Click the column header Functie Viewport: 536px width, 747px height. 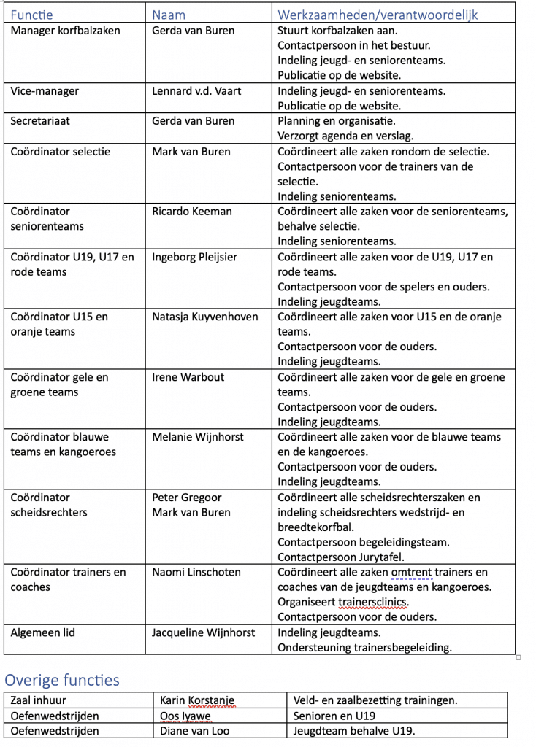(x=31, y=15)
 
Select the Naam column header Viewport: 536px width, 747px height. (x=169, y=15)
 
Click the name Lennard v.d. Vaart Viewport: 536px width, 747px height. (x=196, y=91)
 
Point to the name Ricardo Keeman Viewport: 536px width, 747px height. (x=192, y=212)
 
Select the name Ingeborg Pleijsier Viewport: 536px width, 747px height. (x=194, y=257)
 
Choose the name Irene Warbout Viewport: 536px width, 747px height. (x=188, y=377)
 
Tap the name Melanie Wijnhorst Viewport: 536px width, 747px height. (x=197, y=437)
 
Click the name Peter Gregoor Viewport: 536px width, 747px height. (x=187, y=498)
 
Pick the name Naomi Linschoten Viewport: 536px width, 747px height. (x=196, y=573)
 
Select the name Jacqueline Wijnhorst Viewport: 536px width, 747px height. (x=204, y=632)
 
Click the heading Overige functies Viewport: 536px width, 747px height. (x=61, y=681)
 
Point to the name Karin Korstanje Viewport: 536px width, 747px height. (x=198, y=701)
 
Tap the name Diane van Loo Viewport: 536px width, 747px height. (x=191, y=731)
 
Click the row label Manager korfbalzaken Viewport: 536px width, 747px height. (x=65, y=31)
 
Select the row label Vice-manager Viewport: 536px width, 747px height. (x=45, y=91)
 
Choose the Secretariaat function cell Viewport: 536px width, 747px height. (x=40, y=121)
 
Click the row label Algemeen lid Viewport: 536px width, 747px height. (x=42, y=632)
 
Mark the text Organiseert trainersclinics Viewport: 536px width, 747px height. (x=342, y=603)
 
